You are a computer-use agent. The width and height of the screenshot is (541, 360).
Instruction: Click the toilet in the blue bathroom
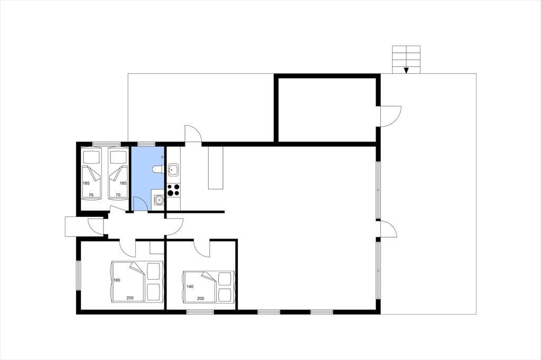pyautogui.click(x=158, y=169)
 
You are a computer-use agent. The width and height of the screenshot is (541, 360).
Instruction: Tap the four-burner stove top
pyautogui.click(x=173, y=190)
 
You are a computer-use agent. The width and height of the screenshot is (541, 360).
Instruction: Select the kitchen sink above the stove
pyautogui.click(x=173, y=169)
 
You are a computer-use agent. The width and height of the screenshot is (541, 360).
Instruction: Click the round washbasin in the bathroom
pyautogui.click(x=158, y=200)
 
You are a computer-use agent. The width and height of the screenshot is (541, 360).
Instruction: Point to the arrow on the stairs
pyautogui.click(x=406, y=70)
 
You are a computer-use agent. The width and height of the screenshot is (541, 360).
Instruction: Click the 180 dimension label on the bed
pyautogui.click(x=117, y=280)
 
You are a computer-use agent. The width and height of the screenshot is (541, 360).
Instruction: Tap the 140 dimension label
pyautogui.click(x=190, y=286)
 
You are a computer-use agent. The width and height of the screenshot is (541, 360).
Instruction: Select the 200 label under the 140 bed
pyautogui.click(x=200, y=298)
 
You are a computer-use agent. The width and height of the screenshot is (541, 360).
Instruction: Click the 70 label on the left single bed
pyautogui.click(x=91, y=195)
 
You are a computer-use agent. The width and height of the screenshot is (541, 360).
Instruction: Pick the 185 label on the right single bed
pyautogui.click(x=123, y=183)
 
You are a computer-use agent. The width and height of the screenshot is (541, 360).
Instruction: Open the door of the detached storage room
pyautogui.click(x=391, y=116)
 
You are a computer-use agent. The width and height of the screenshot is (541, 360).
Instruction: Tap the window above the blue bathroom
pyautogui.click(x=147, y=144)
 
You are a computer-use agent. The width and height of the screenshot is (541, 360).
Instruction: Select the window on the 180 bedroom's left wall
pyautogui.click(x=78, y=275)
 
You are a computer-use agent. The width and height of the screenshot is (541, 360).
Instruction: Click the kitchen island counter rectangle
pyautogui.click(x=216, y=167)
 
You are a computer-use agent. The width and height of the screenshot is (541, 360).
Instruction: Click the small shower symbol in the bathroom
pyautogui.click(x=162, y=157)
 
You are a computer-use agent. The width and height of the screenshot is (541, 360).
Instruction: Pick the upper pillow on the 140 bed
pyautogui.click(x=225, y=279)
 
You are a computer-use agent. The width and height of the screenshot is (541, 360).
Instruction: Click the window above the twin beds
pyautogui.click(x=106, y=144)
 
